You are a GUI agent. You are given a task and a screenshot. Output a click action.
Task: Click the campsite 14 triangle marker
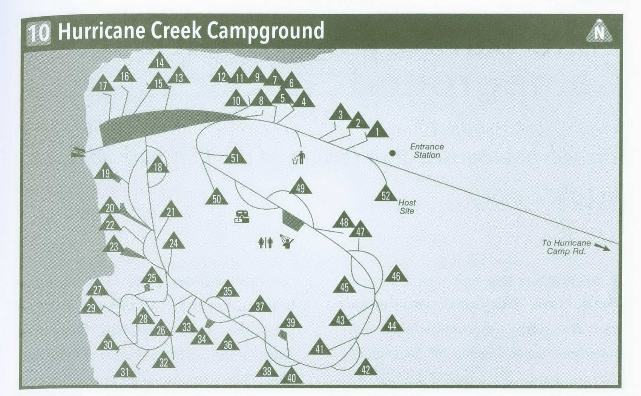(x=159, y=61)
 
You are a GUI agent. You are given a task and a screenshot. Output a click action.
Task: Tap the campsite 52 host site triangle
(x=385, y=194)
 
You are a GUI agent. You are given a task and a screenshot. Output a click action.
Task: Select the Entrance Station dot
(x=392, y=153)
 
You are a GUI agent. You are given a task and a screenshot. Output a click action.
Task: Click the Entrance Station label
(x=427, y=150)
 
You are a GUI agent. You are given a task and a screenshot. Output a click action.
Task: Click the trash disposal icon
(x=299, y=158)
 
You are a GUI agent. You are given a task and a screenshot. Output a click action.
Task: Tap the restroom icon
(x=265, y=242)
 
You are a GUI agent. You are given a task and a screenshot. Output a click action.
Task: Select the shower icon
(x=287, y=241)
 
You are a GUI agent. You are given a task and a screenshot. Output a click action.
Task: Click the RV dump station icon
(x=242, y=217)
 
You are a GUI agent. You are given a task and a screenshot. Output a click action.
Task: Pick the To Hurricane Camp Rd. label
(x=566, y=247)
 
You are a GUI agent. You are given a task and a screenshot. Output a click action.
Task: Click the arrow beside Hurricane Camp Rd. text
(x=602, y=247)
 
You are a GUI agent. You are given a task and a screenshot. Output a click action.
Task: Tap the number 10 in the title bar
(x=38, y=32)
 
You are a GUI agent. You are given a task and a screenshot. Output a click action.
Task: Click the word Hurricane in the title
(x=101, y=31)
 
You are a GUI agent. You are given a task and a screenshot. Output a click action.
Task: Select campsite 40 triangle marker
(x=291, y=376)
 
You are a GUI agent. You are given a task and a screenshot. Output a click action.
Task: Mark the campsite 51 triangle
(x=235, y=157)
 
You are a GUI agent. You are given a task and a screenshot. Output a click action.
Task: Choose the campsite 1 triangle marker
(x=377, y=130)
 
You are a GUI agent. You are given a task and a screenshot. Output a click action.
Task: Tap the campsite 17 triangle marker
(x=103, y=85)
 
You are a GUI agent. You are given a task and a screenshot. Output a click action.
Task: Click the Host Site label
(x=407, y=207)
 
